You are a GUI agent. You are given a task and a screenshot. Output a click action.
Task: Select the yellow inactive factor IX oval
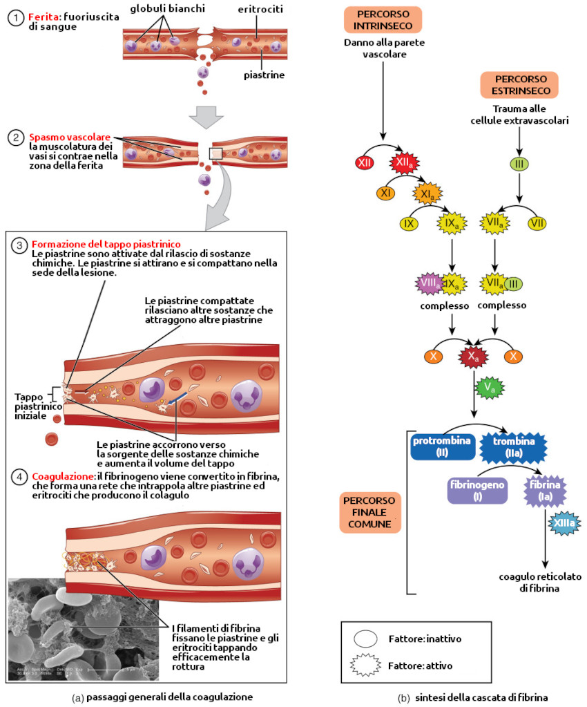[410, 223]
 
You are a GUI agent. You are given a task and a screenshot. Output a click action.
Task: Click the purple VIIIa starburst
[430, 283]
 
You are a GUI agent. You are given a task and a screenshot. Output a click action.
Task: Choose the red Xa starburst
[472, 357]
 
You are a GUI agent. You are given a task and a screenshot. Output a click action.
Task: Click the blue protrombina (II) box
[443, 446]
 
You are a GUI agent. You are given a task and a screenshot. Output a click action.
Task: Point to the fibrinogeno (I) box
[477, 491]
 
